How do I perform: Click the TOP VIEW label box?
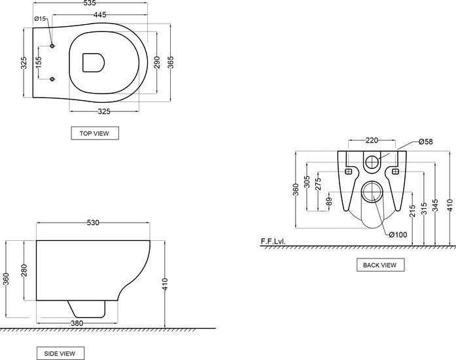point(95,134)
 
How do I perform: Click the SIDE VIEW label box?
point(60,353)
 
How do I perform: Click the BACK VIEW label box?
point(380,265)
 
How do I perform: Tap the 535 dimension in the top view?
point(88,3)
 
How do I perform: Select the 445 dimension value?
point(100,14)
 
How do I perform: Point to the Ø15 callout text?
point(40,18)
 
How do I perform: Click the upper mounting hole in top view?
point(52,46)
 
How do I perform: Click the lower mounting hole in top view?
point(52,79)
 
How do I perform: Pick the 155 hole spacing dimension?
point(39,62)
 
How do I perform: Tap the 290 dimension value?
point(157,62)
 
